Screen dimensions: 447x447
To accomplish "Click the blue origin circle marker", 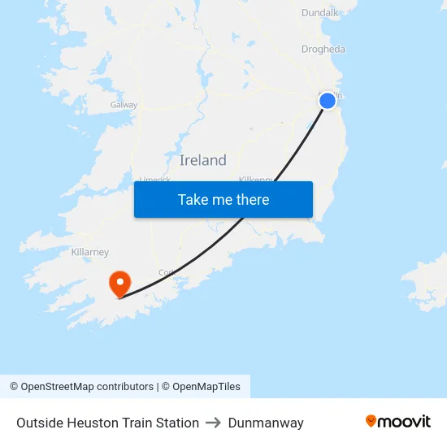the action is coord(328,100).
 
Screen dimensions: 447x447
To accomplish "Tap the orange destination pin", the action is coord(119,284).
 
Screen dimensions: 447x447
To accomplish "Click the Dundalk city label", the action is coord(319,12).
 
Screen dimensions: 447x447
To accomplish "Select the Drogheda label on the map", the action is coord(323,49).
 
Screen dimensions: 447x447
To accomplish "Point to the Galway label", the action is coord(124,105).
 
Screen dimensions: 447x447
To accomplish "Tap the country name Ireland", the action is coord(202,160).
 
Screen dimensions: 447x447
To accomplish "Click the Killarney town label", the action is coord(89,252).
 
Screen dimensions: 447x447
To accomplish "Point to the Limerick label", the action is coord(154,180).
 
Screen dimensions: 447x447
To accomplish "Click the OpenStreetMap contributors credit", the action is coord(87,387).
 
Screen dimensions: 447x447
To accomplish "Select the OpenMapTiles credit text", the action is coord(206,387).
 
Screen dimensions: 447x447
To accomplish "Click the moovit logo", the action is coord(397,421).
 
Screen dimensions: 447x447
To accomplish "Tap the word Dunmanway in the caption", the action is coord(266,423).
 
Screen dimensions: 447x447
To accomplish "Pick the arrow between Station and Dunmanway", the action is coord(214,423).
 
